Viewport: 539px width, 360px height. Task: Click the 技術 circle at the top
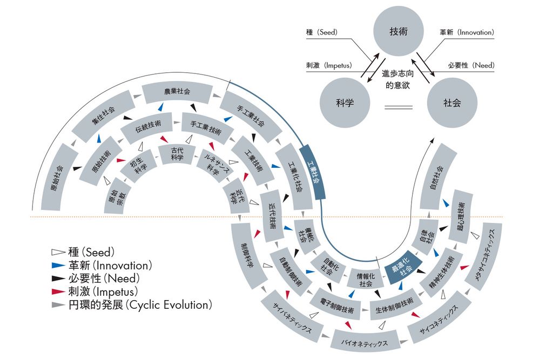pos(398,32)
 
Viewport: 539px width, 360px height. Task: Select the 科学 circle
pos(345,103)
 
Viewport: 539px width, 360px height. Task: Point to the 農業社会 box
pos(177,92)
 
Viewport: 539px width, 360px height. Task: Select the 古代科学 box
pos(177,154)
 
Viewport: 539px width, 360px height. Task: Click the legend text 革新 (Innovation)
pos(107,266)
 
